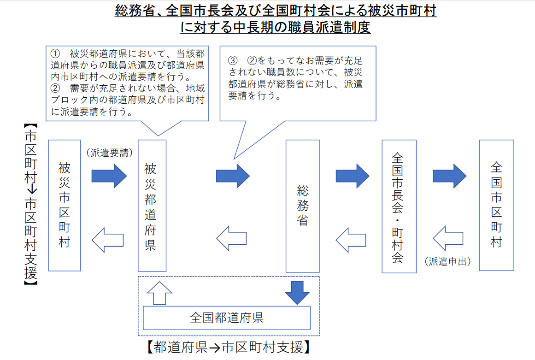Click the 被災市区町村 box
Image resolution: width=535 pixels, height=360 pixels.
64,205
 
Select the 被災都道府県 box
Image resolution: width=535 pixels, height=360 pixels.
152,206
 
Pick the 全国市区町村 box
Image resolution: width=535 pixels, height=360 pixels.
496,205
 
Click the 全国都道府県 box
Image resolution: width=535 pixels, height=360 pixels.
227,318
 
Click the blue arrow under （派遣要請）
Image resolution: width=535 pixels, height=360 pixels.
109,176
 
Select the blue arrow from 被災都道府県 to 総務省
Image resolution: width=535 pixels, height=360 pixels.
233,176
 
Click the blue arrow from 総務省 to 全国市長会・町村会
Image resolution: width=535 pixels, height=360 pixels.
353,176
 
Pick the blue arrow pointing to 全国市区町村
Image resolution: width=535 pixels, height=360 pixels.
449,176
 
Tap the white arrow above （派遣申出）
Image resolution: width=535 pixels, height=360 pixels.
448,238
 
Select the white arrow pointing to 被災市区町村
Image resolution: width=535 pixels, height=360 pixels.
108,240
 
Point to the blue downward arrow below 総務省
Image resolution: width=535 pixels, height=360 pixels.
297,292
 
